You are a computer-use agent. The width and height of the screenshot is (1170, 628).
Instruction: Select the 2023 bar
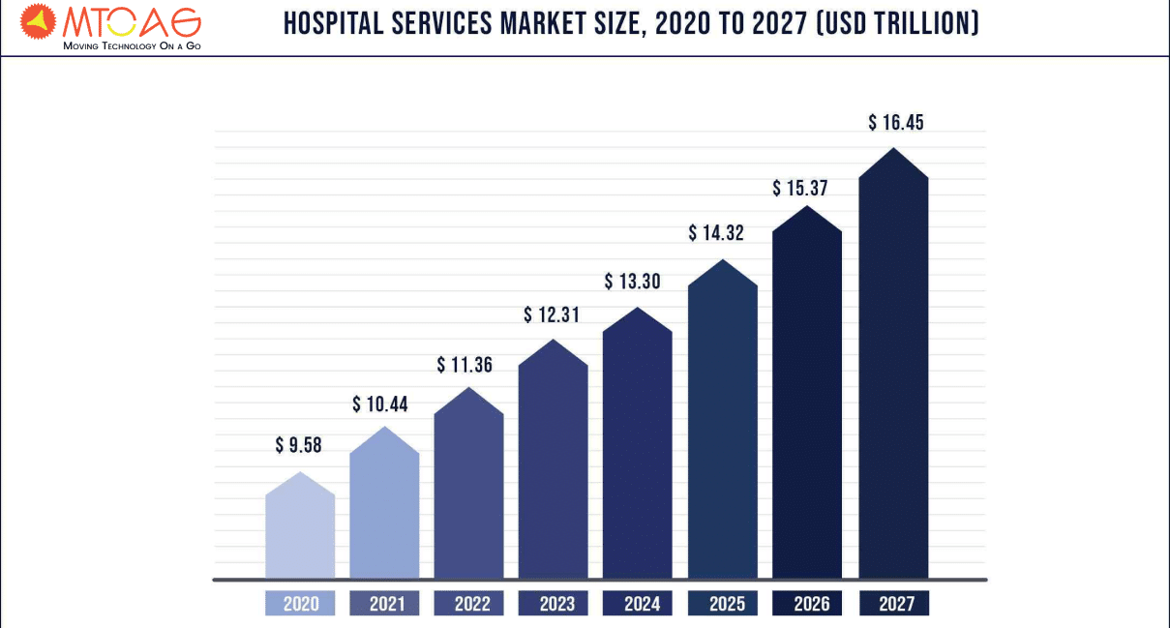554,464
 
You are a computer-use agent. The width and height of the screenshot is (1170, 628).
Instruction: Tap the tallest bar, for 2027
893,368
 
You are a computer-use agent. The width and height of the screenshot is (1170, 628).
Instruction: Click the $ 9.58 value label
298,446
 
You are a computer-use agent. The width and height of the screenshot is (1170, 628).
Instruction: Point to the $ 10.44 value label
380,404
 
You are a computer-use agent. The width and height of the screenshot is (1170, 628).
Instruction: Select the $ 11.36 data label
465,365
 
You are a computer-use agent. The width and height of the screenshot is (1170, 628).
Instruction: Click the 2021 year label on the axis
384,604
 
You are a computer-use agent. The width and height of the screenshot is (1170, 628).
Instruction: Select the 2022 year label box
468,604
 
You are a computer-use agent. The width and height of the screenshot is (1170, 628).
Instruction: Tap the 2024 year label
638,604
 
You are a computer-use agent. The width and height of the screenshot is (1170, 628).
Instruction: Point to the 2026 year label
807,604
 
